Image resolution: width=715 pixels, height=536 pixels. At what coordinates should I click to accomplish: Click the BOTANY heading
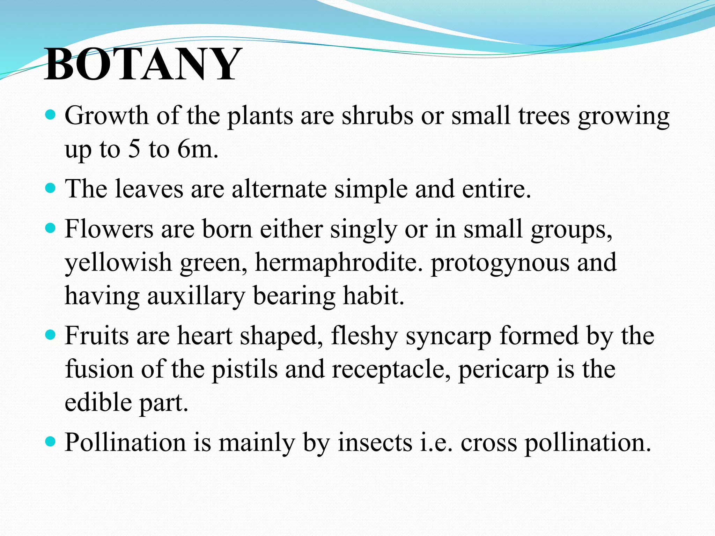143,65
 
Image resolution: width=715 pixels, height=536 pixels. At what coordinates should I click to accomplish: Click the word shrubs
377,116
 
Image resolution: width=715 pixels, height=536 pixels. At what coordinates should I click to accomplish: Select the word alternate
279,189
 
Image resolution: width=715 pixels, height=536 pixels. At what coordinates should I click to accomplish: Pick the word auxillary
196,296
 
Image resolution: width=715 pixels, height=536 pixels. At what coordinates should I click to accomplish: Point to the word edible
98,402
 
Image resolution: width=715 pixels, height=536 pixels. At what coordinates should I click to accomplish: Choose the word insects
375,442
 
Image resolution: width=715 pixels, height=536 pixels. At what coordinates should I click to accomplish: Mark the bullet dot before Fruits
51,335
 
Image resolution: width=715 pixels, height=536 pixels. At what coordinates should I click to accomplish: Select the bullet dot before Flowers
51,229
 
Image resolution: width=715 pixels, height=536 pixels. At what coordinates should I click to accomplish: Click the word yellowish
118,262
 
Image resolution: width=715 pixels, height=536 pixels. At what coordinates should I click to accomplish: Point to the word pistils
244,369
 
